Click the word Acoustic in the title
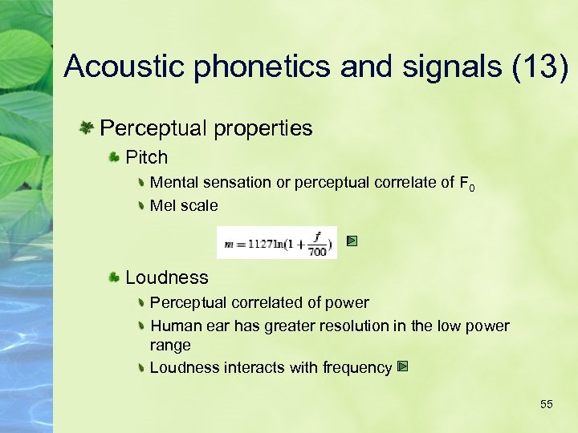point(124,66)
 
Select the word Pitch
point(147,157)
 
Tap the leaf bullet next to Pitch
point(115,156)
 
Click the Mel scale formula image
point(277,243)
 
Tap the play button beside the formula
point(352,241)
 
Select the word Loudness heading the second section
point(167,277)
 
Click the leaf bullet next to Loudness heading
point(115,277)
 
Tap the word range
point(170,346)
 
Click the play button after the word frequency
point(403,366)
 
